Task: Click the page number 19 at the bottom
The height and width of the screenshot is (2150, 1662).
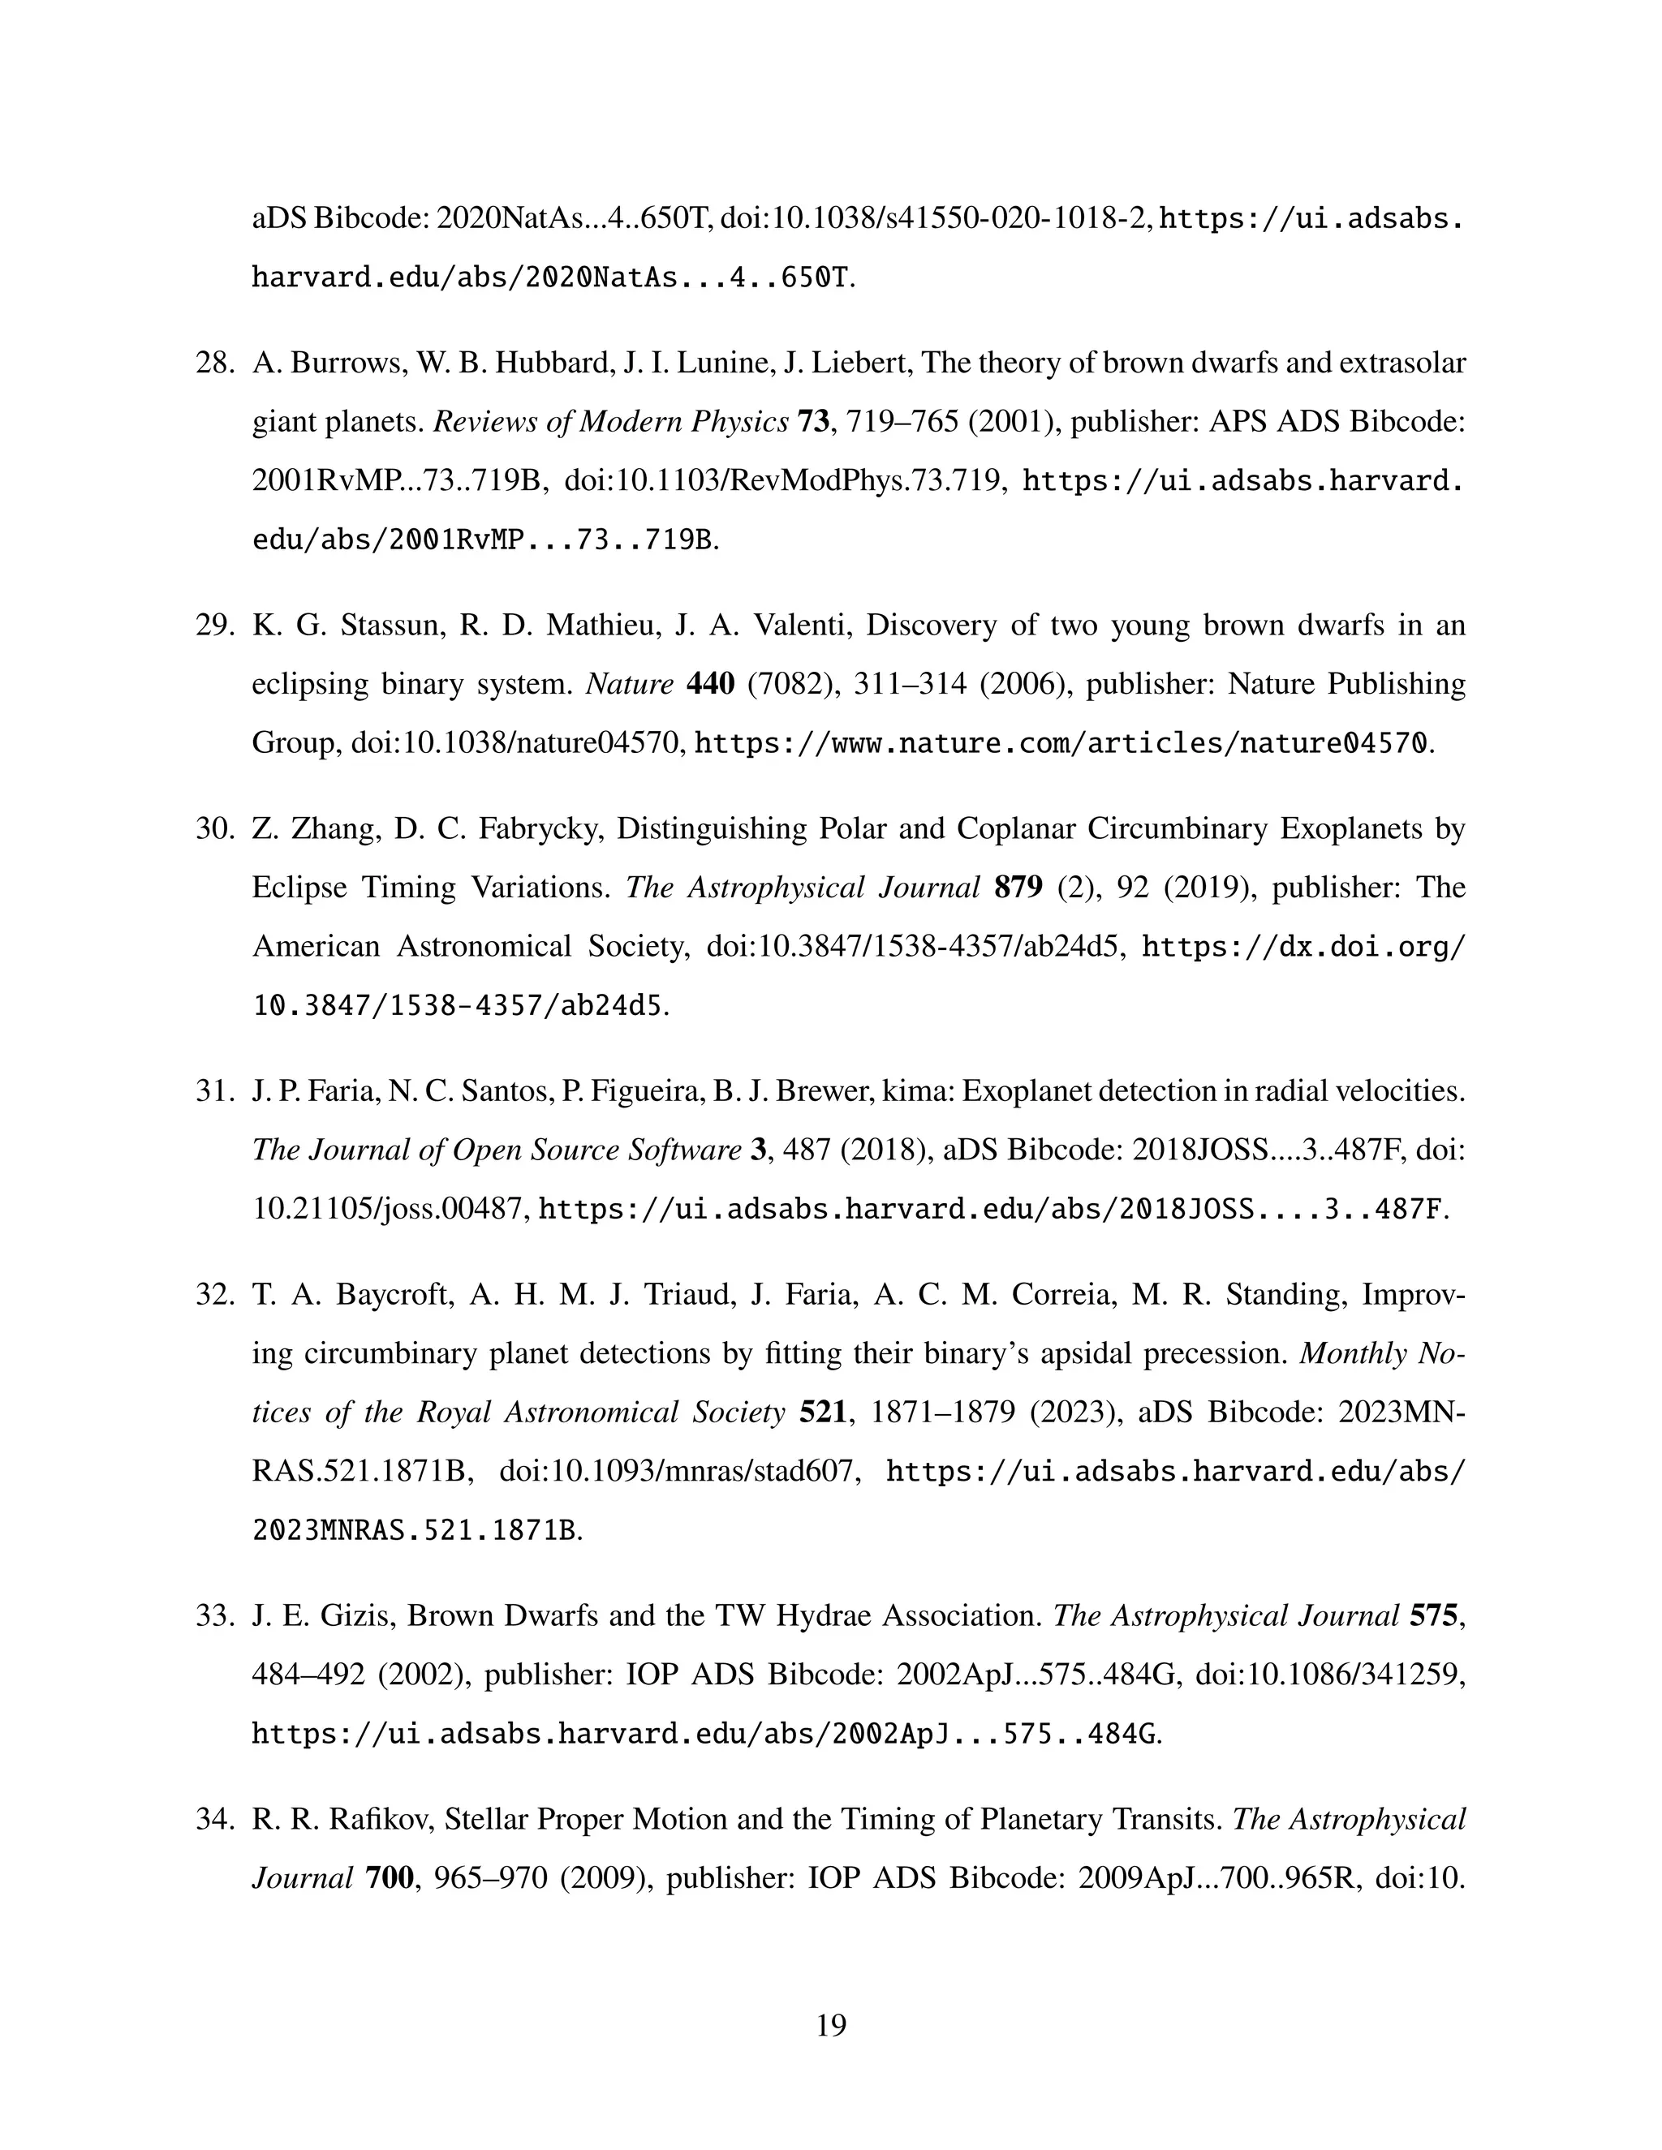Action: pos(831,2025)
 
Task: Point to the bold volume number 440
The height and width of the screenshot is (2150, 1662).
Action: pos(710,683)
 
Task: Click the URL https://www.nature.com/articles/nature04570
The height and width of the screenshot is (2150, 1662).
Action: pos(1061,743)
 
